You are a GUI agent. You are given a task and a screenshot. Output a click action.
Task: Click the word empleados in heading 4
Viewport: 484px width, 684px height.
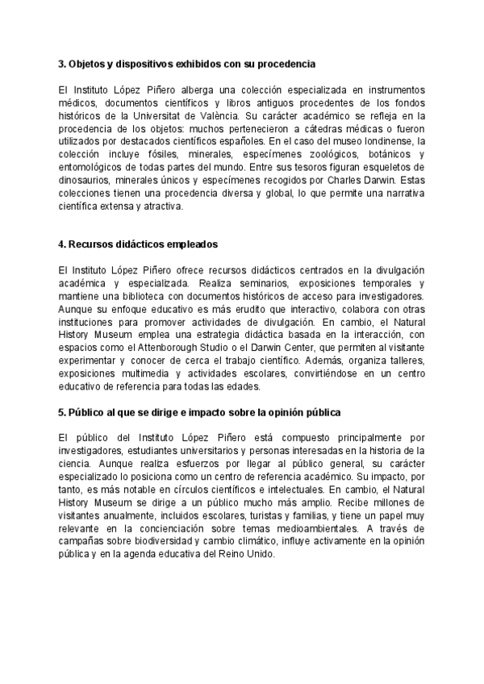[x=199, y=244]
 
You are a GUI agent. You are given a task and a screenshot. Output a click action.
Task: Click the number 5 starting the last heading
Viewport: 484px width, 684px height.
[x=61, y=412]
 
